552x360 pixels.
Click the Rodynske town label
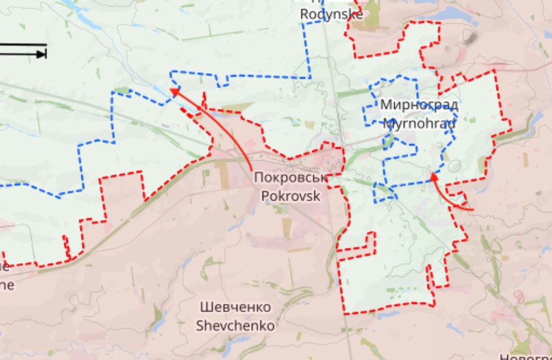point(331,14)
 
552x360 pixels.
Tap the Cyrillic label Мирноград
point(419,105)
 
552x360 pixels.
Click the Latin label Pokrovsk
point(290,194)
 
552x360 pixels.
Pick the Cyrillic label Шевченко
point(235,307)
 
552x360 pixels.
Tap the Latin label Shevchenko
point(235,325)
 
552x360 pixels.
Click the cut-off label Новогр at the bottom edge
point(525,356)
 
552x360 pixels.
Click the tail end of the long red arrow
point(253,170)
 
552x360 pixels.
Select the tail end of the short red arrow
point(473,210)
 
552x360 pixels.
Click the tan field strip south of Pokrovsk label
point(286,227)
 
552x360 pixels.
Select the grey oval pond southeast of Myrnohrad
point(454,166)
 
